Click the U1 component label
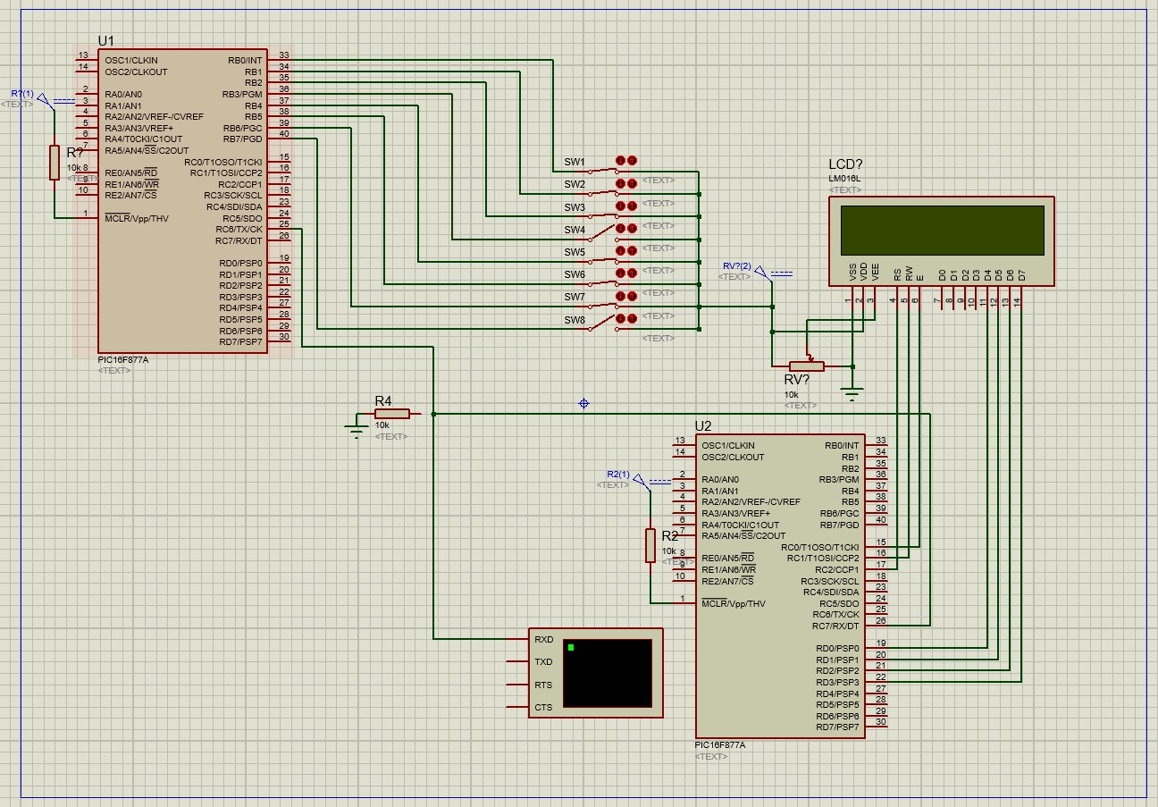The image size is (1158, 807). (x=105, y=41)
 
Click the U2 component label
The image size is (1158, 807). (x=703, y=426)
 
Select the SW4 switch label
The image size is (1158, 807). (x=575, y=230)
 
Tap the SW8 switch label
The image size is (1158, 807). (x=575, y=320)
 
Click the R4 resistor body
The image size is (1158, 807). (x=391, y=414)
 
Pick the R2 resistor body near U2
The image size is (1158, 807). (x=650, y=545)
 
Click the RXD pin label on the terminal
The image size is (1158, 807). (x=543, y=640)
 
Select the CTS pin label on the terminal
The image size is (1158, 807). (x=543, y=708)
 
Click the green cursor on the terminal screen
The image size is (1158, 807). (x=571, y=647)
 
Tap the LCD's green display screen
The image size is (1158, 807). (x=942, y=230)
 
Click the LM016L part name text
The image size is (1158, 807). (x=845, y=179)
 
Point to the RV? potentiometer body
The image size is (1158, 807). (x=806, y=366)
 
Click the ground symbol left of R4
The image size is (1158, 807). (x=357, y=432)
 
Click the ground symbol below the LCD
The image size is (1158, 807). (x=852, y=394)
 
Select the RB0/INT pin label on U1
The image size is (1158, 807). (x=245, y=61)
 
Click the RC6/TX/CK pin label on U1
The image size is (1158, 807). (x=240, y=230)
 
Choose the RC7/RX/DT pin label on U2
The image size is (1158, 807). (x=835, y=626)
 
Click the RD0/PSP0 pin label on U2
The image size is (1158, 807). (x=836, y=648)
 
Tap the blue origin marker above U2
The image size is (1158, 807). (x=583, y=403)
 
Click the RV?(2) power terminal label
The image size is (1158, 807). (x=736, y=266)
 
